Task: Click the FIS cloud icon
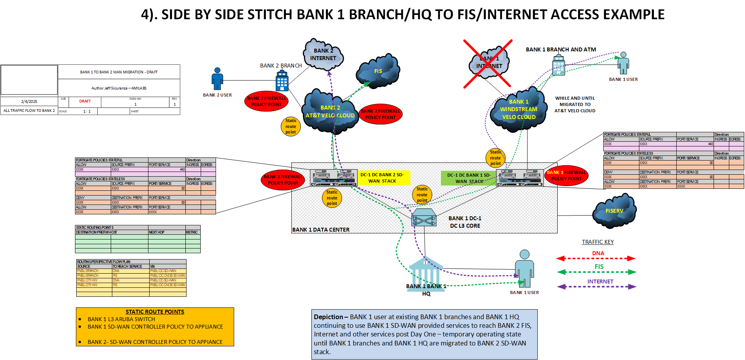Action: coord(377,71)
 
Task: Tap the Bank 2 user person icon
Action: coord(217,79)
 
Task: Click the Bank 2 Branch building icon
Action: coord(282,81)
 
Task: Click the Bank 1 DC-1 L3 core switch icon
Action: coord(424,218)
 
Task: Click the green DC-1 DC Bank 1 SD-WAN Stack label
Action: coord(469,178)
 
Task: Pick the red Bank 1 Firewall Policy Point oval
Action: coord(566,175)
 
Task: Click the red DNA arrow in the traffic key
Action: coord(596,258)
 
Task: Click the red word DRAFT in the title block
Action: coord(85,101)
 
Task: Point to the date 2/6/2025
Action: coord(29,101)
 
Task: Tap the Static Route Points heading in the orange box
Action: coord(155,312)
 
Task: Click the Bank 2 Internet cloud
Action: coord(323,55)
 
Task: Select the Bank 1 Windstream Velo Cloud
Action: coord(518,110)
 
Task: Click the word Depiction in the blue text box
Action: coord(328,317)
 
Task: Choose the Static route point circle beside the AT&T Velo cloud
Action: coord(291,126)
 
